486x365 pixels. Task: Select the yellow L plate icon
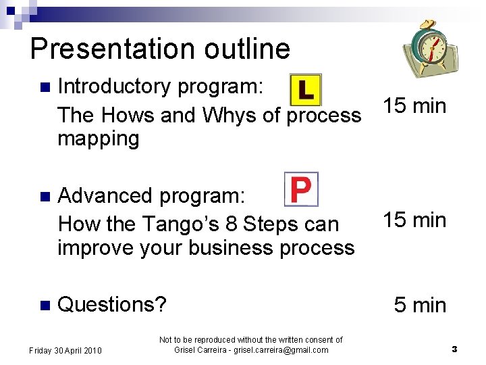tap(305, 90)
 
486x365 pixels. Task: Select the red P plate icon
tap(300, 189)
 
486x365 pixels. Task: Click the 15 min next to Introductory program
tap(414, 106)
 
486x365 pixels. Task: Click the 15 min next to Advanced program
tap(414, 220)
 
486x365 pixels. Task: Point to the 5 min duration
tap(420, 306)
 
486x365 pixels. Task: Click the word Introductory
tap(114, 87)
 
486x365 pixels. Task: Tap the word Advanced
tap(105, 196)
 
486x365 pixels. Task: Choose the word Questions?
tap(112, 304)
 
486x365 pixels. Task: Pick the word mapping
tap(99, 139)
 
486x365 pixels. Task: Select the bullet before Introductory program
tap(45, 87)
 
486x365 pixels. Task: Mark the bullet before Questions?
tap(45, 305)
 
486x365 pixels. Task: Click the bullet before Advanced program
tap(45, 197)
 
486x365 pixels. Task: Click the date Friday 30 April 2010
tap(65, 350)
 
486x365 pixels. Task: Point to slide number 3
tap(454, 349)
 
